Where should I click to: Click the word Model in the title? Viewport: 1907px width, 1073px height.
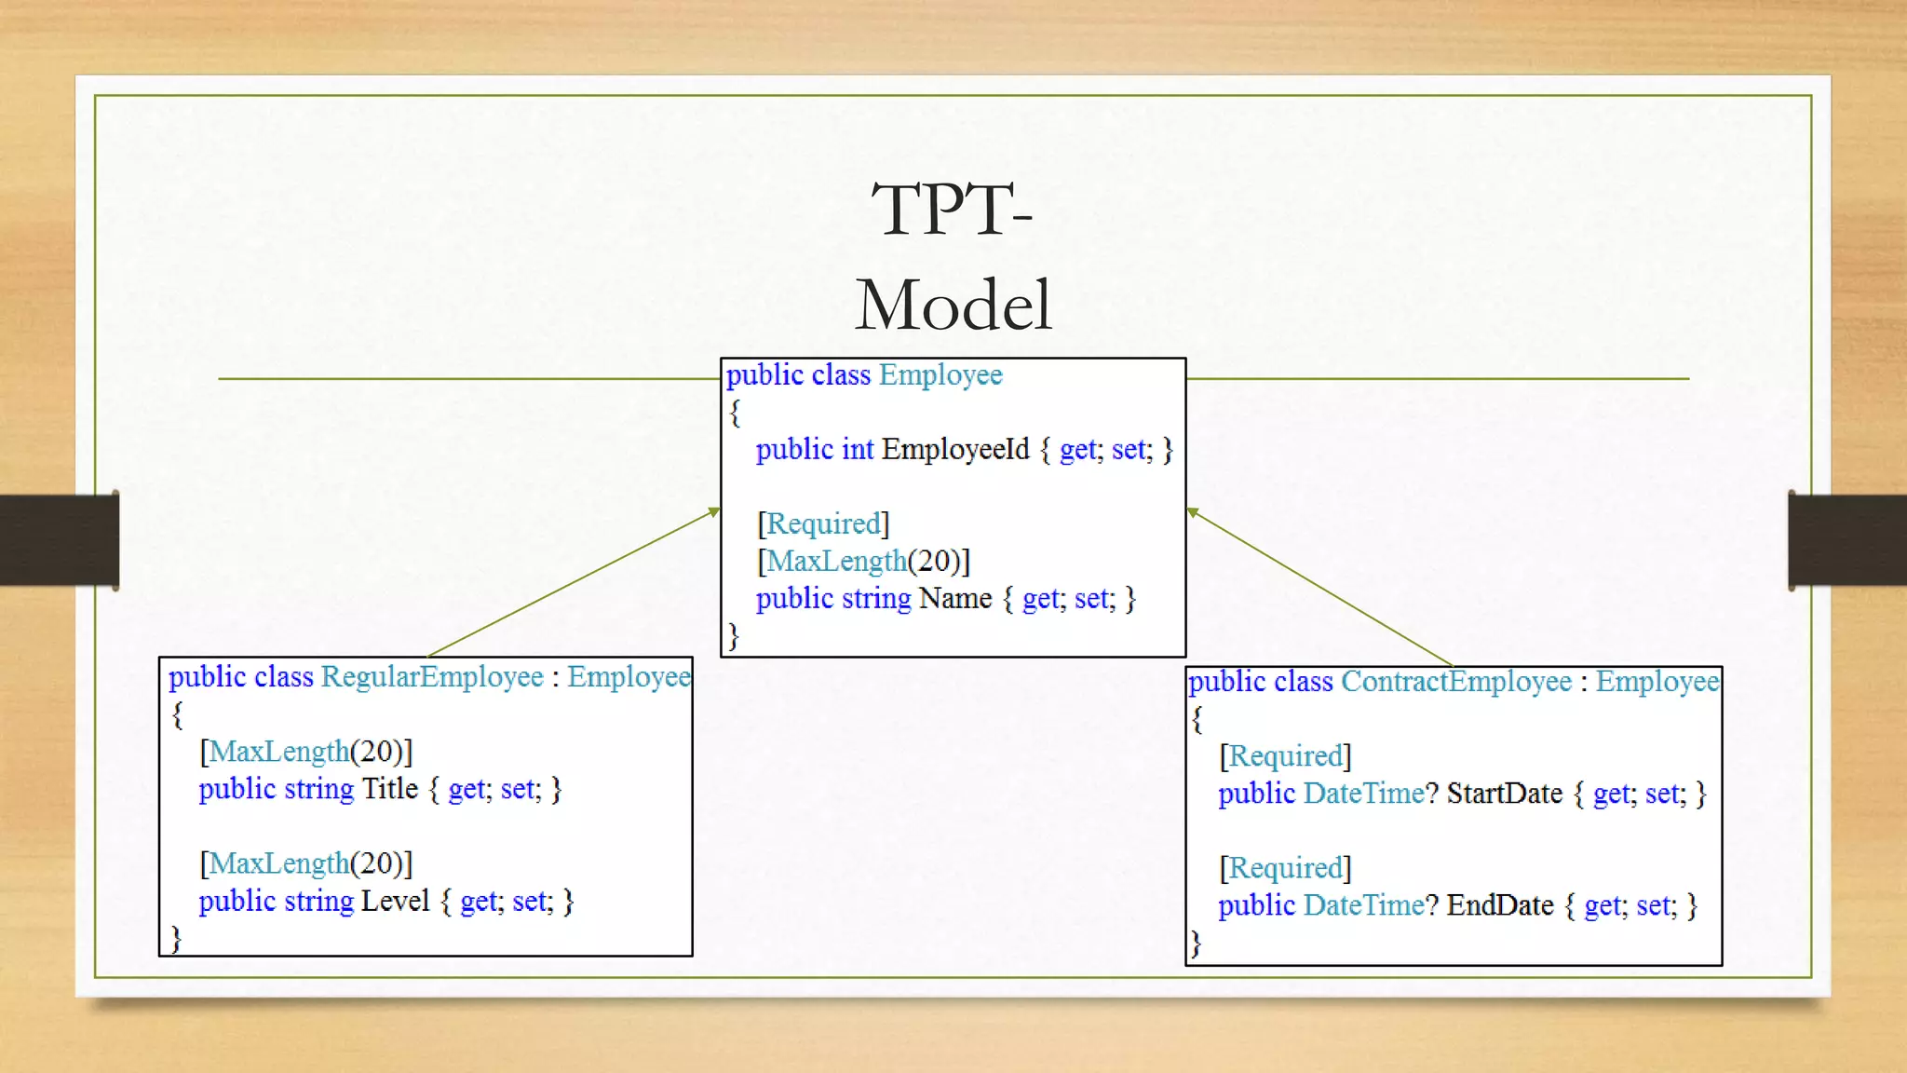pos(953,306)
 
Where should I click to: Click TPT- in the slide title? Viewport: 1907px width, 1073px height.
pos(952,210)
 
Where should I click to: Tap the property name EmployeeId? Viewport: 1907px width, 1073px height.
pos(955,450)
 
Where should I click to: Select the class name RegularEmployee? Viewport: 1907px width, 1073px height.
pos(432,677)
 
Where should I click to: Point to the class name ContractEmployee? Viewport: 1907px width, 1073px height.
pos(1455,682)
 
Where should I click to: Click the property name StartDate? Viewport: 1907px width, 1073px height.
pos(1504,794)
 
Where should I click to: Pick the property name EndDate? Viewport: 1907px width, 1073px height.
pos(1499,905)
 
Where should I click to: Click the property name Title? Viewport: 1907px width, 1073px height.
pos(390,789)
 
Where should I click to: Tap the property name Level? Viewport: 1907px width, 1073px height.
pos(395,901)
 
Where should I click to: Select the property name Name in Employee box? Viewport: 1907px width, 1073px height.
pos(954,599)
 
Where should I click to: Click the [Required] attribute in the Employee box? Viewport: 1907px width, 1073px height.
pos(823,523)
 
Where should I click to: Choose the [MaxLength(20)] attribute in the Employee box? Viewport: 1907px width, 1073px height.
pos(863,561)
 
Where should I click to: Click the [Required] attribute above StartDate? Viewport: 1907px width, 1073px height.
pos(1285,755)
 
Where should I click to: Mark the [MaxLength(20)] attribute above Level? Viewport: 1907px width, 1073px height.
pos(305,863)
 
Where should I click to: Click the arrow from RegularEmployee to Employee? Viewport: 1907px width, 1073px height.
pos(574,582)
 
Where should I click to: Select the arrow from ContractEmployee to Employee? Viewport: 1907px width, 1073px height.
pos(1319,587)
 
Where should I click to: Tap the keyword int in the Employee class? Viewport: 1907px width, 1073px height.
pos(857,450)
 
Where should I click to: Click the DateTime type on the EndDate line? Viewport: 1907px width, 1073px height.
pos(1363,905)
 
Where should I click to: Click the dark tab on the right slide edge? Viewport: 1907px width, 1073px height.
pos(1847,540)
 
